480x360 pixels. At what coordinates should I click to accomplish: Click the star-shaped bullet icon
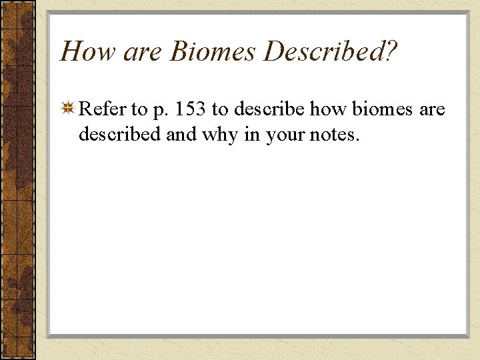click(68, 109)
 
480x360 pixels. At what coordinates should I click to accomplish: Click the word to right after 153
click(220, 110)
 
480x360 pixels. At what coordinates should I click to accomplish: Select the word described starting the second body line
click(120, 134)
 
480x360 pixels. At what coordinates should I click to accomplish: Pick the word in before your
click(253, 134)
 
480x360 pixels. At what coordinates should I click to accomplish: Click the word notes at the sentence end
click(336, 135)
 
